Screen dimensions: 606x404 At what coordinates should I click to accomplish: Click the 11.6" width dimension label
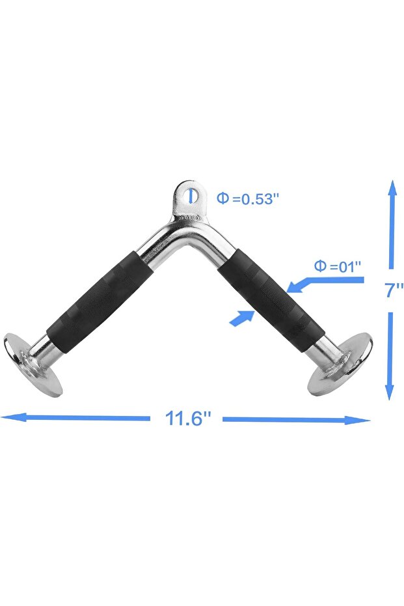point(189,418)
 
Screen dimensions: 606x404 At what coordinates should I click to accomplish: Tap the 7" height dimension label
point(393,290)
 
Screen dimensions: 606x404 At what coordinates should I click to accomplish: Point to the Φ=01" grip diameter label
point(337,266)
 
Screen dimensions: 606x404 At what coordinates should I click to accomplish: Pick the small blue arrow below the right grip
point(243,318)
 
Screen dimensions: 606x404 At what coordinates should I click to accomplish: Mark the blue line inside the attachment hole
point(190,195)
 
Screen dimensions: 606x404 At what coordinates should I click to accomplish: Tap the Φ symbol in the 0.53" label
point(222,198)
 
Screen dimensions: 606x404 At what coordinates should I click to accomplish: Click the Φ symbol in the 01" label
point(320,266)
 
